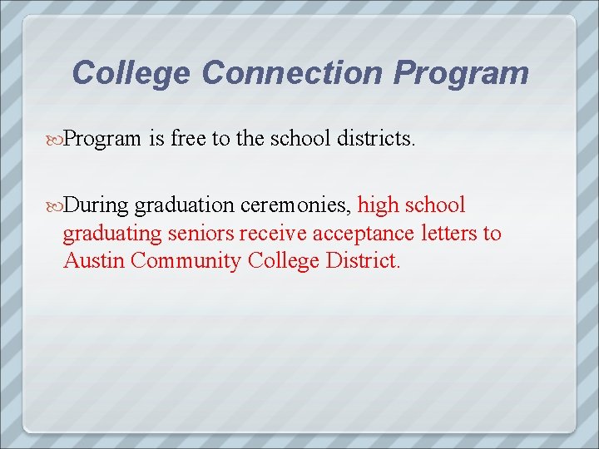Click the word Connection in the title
(x=292, y=73)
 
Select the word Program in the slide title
(x=461, y=73)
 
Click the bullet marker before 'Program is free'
(x=56, y=138)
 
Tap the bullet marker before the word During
(x=56, y=205)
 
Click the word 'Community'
(x=183, y=261)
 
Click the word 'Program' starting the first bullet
(x=102, y=139)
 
